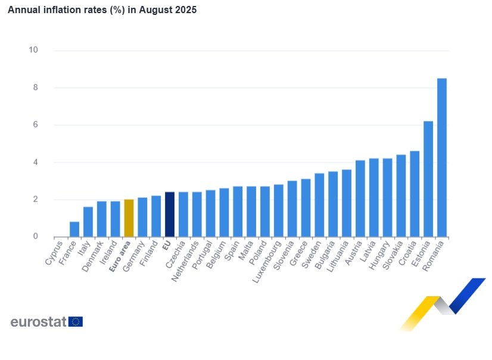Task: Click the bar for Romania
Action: pyautogui.click(x=442, y=158)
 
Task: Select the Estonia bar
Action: pyautogui.click(x=428, y=179)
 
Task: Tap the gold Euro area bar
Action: pyautogui.click(x=129, y=218)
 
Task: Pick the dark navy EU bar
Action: pyautogui.click(x=170, y=215)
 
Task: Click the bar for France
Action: pyautogui.click(x=74, y=229)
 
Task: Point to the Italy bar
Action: pyautogui.click(x=88, y=222)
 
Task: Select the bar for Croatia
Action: pyautogui.click(x=415, y=194)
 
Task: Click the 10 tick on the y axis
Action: pyautogui.click(x=33, y=50)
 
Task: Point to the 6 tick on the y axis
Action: pyautogui.click(x=36, y=125)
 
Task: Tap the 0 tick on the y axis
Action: pyautogui.click(x=36, y=237)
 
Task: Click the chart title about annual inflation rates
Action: pyautogui.click(x=102, y=10)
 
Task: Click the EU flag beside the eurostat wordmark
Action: pyautogui.click(x=76, y=322)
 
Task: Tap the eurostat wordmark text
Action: pyautogui.click(x=38, y=322)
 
